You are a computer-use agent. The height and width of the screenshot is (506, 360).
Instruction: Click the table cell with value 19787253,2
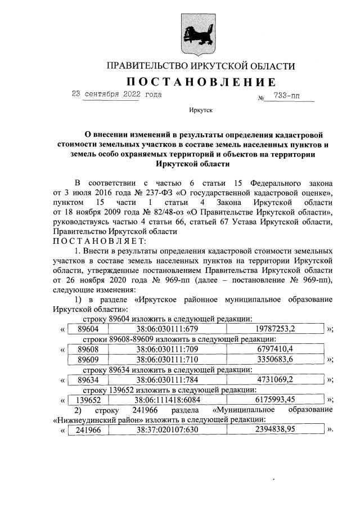pyautogui.click(x=274, y=329)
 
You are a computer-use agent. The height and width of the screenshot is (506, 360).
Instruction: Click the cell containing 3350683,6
pyautogui.click(x=274, y=359)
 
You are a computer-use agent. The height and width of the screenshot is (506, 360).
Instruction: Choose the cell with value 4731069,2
pyautogui.click(x=274, y=379)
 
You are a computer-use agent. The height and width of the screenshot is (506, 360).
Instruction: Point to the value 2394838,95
pyautogui.click(x=274, y=431)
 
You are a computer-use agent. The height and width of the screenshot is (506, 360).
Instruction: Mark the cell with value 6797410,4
pyautogui.click(x=274, y=350)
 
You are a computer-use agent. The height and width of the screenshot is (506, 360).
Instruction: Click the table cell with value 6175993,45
pyautogui.click(x=274, y=400)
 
